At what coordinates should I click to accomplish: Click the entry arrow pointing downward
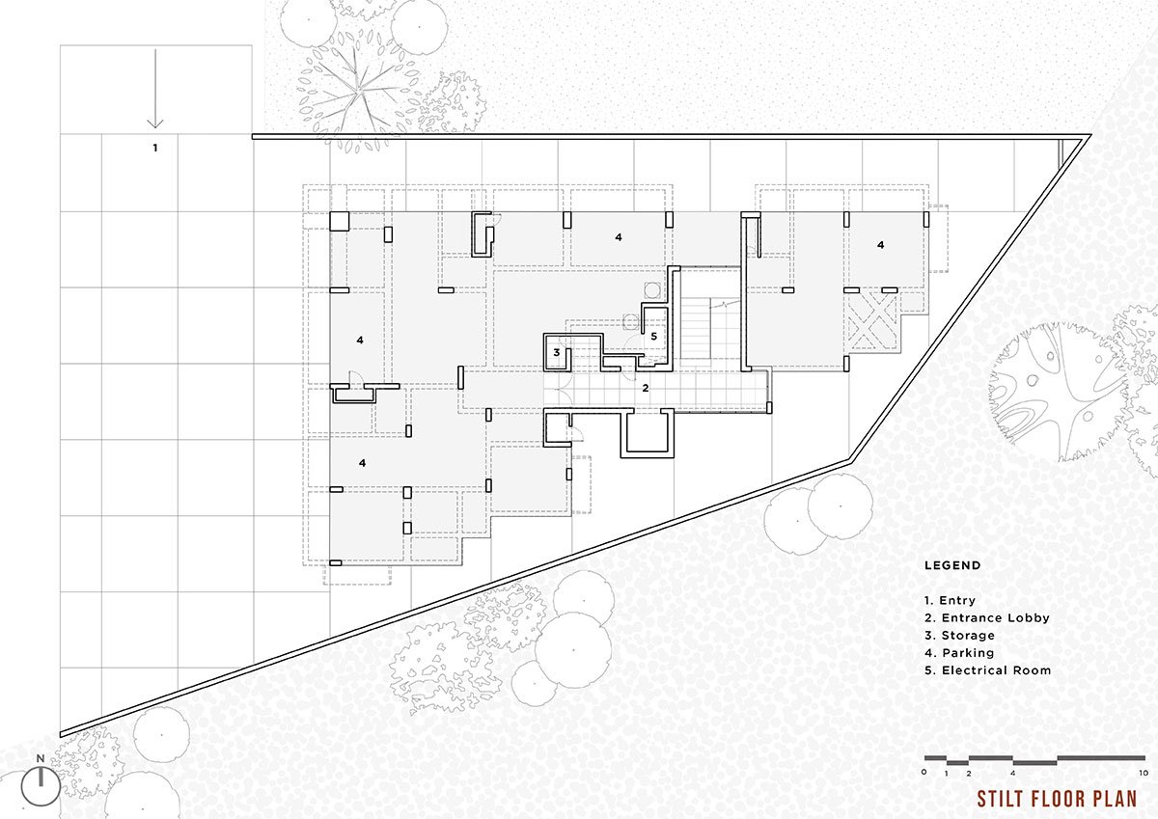tap(155, 89)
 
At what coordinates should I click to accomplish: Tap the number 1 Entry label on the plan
tap(155, 149)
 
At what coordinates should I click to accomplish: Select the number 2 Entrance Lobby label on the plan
tap(646, 388)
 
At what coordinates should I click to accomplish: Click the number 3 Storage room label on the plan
tap(556, 353)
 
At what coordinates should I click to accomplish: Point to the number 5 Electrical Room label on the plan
tap(654, 337)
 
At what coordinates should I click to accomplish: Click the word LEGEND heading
tap(952, 566)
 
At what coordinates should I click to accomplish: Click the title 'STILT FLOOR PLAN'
tap(1057, 799)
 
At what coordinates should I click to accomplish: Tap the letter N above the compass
tap(41, 758)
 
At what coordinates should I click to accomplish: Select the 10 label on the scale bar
tap(1144, 774)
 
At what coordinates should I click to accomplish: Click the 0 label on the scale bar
tap(924, 773)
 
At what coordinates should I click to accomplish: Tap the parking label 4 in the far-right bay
tap(880, 245)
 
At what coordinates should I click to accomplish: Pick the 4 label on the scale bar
tap(1012, 774)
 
